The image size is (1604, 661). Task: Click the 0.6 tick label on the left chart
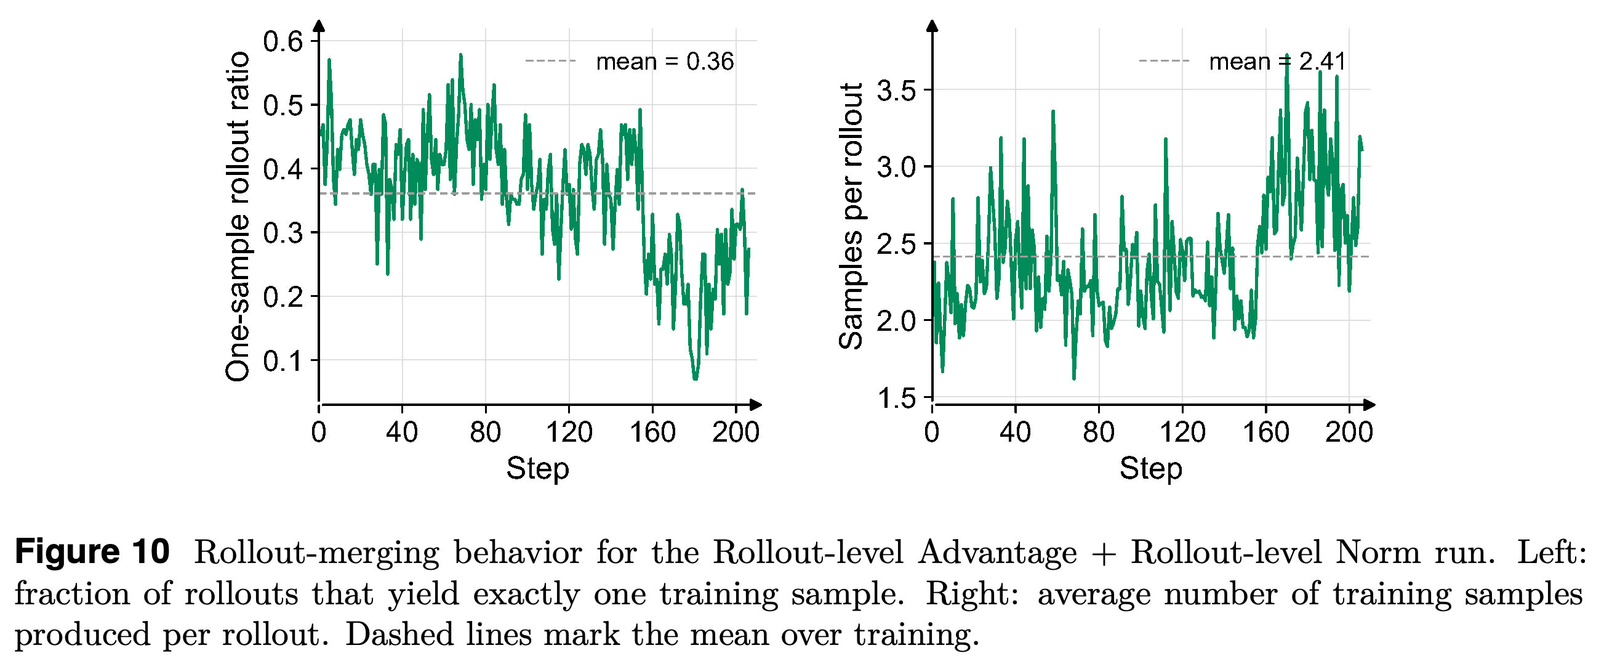point(283,42)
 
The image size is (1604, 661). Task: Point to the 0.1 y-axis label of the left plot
point(283,361)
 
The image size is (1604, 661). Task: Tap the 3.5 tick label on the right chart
point(897,91)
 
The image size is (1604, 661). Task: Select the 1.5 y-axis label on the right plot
point(897,398)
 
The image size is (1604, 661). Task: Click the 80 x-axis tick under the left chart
point(486,432)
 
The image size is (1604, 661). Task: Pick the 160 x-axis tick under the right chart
point(1266,432)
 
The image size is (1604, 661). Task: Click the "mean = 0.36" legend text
point(665,62)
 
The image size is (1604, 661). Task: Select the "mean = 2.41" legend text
point(1278,62)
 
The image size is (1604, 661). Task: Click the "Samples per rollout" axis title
point(851,216)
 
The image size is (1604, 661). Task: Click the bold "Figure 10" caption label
point(92,552)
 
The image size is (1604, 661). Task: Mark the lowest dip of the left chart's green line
point(696,378)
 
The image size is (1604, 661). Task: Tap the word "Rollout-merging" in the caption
point(317,553)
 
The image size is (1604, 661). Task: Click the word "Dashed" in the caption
point(399,635)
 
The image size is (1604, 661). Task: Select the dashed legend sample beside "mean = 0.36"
point(551,61)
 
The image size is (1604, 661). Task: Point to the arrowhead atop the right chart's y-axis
point(932,25)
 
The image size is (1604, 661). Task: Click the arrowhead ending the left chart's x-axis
point(756,405)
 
